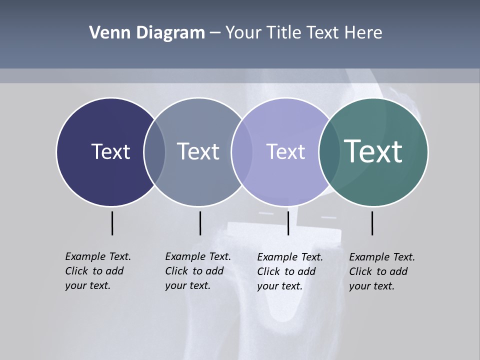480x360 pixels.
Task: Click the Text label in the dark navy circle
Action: [110, 151]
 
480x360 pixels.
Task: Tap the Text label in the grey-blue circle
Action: [198, 151]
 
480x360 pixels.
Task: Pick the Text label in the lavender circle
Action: [285, 151]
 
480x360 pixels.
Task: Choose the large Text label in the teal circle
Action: [373, 151]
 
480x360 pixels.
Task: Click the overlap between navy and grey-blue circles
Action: [154, 151]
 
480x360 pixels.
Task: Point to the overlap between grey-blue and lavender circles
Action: [242, 151]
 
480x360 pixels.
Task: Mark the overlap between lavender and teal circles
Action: [329, 151]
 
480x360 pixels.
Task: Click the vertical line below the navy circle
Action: [112, 223]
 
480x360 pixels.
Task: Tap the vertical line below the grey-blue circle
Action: [200, 223]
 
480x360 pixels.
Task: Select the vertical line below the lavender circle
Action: [288, 223]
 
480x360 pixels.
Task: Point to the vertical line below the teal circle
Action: [372, 223]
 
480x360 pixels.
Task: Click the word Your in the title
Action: [244, 33]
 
